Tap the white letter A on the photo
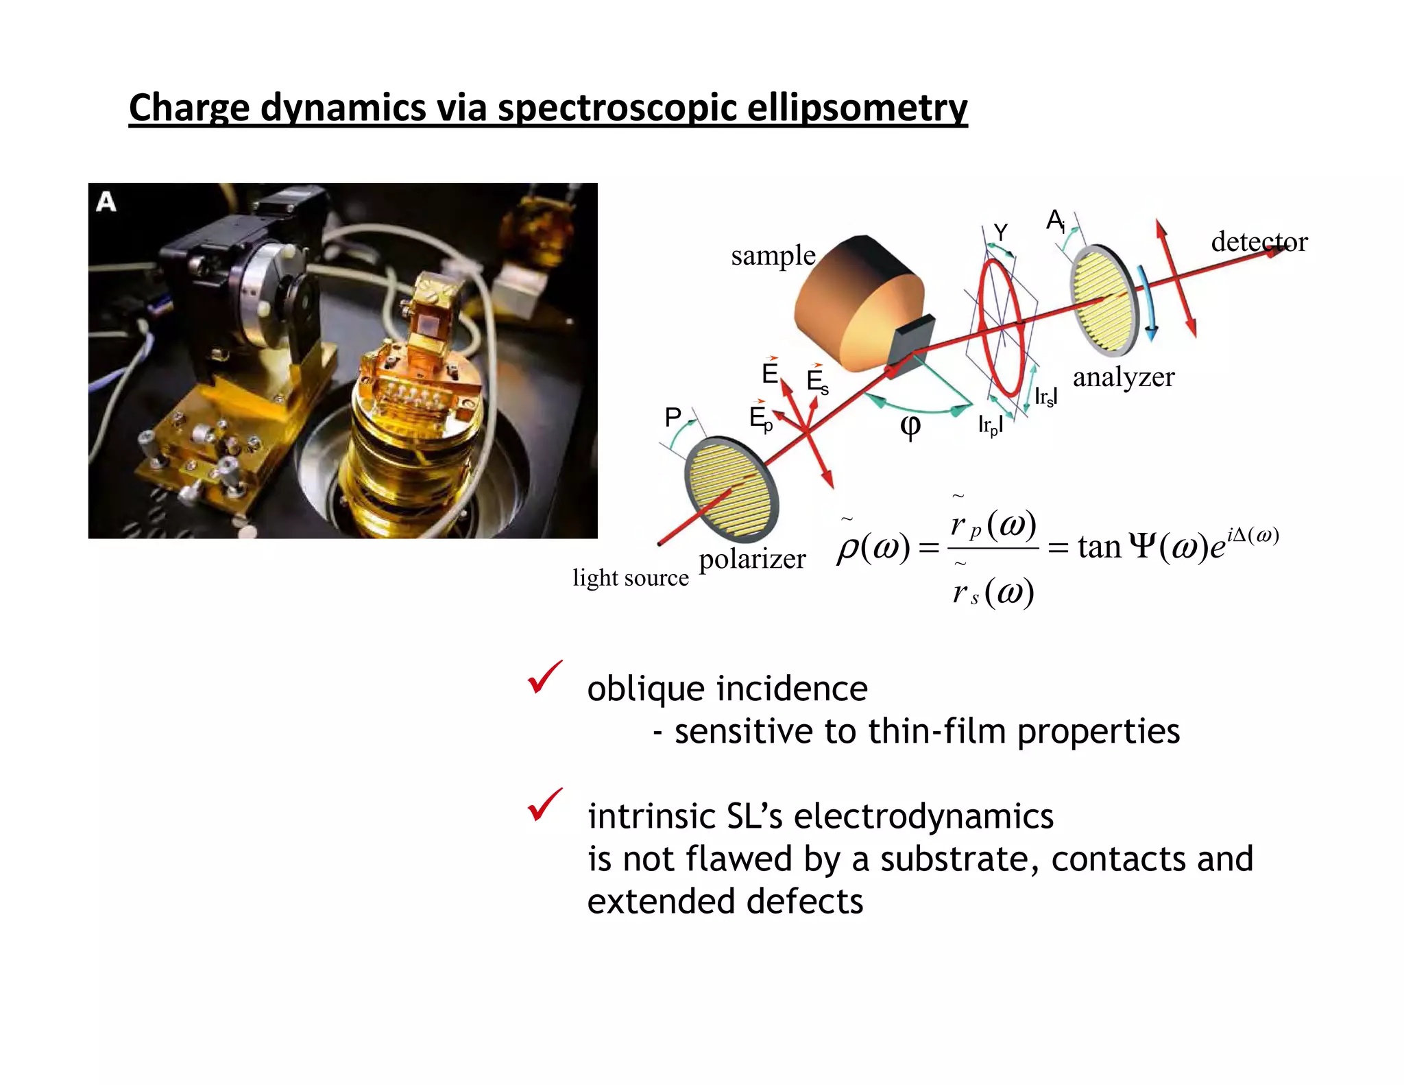tap(106, 202)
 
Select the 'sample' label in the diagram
tap(773, 256)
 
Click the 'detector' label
tap(1259, 242)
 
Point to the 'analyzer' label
tap(1123, 377)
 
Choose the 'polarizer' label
tap(752, 559)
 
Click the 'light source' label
tap(631, 577)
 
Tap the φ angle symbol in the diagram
tap(910, 427)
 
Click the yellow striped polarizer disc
tap(731, 488)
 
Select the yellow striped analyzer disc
tap(1104, 300)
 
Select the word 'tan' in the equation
tap(1098, 547)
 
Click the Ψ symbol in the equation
tap(1142, 547)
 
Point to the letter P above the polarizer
tap(673, 416)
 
